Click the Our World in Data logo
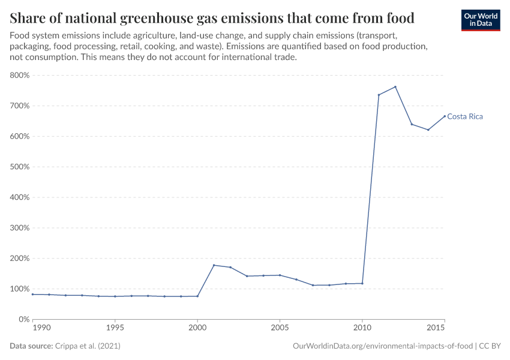pos(481,19)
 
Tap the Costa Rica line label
pos(465,117)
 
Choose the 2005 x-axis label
pos(279,328)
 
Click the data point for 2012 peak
pos(395,86)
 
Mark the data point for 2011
pos(379,95)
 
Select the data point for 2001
pos(214,265)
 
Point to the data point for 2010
pos(362,283)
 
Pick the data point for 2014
pos(428,130)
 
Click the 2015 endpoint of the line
pos(445,116)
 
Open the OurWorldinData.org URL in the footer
pos(382,346)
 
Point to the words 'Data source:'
pos(31,346)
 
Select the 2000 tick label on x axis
pos(197,328)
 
